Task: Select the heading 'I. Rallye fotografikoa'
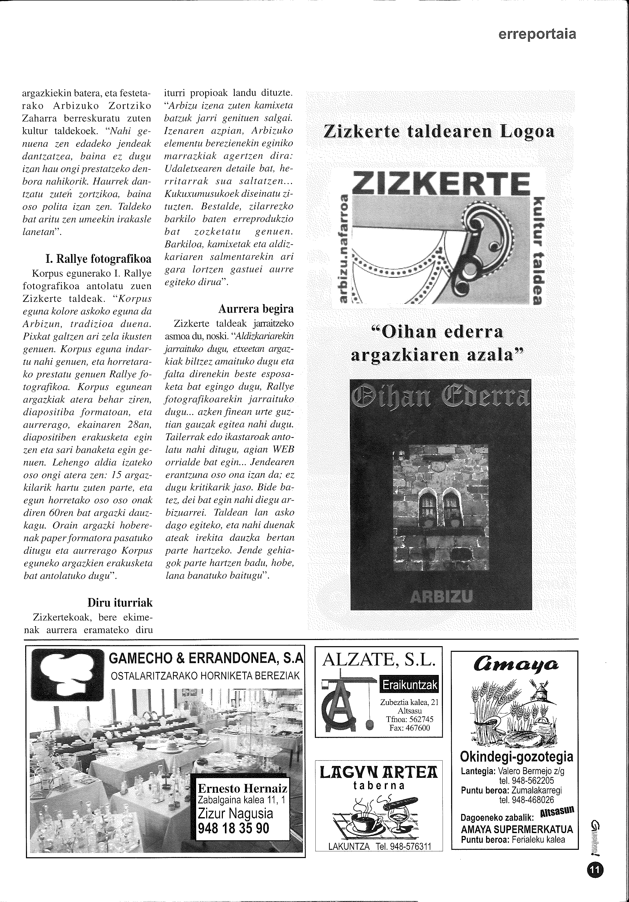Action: [98, 259]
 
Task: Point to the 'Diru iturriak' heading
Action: [120, 603]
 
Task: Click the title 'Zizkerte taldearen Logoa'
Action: [439, 132]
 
